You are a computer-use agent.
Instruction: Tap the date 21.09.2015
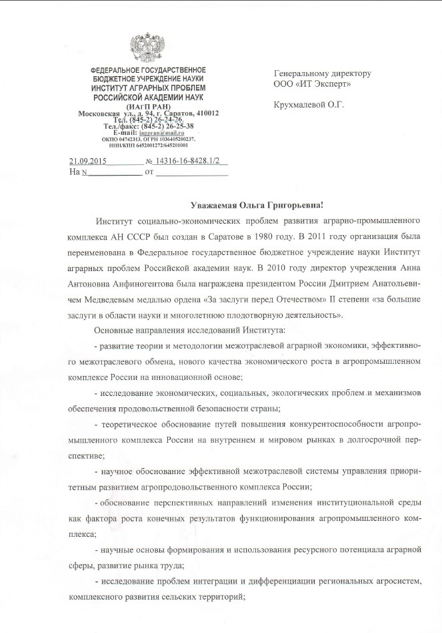coord(88,161)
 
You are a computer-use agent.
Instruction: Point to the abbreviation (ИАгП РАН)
coord(147,107)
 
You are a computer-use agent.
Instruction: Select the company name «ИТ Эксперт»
coord(322,85)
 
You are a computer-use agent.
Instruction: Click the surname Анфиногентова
coord(145,268)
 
